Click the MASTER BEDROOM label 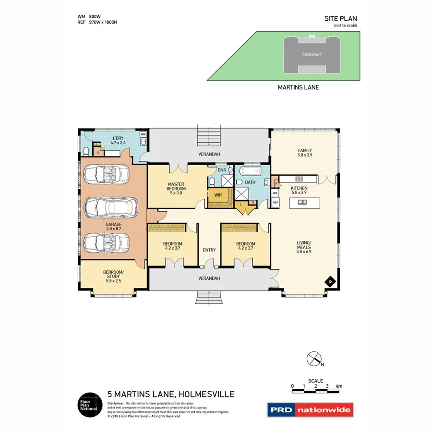click(177, 186)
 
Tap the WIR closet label click(217, 195)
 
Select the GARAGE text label click(114, 224)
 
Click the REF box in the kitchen click(276, 203)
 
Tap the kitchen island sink click(303, 202)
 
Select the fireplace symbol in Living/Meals click(330, 282)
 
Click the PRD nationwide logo click(310, 410)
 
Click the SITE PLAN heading click(341, 19)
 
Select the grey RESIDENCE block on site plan click(312, 54)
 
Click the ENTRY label click(209, 250)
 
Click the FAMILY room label click(305, 153)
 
